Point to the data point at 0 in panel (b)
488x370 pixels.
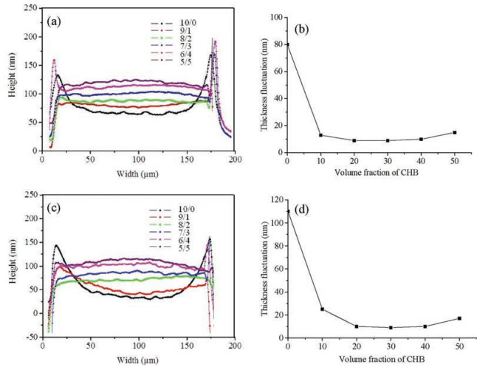288,44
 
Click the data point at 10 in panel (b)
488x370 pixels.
320,135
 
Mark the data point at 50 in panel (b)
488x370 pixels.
454,133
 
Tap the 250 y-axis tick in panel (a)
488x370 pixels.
30,8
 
